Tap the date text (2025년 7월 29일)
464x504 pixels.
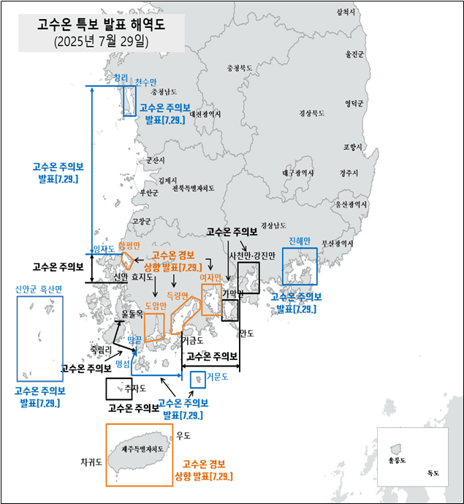(101, 42)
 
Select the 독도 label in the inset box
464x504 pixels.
(433, 473)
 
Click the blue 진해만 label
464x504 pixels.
(300, 241)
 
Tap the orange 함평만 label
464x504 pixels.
(129, 245)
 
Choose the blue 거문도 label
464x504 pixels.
(217, 377)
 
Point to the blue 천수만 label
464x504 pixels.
(145, 82)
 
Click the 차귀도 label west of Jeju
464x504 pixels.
(91, 462)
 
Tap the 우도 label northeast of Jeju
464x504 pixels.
(183, 435)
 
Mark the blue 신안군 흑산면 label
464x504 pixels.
(39, 289)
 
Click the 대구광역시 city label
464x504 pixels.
(297, 173)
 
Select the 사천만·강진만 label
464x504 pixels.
(252, 255)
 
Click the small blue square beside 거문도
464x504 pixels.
(197, 380)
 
